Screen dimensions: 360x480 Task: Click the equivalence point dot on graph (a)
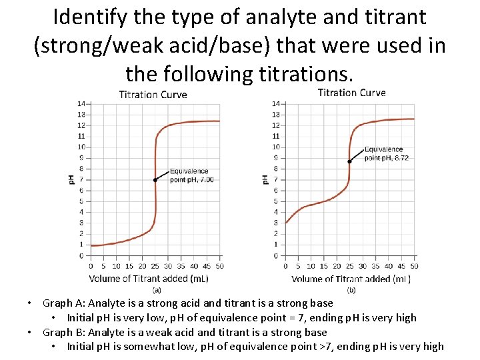pyautogui.click(x=155, y=180)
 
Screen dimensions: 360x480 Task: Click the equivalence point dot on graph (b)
pyautogui.click(x=349, y=161)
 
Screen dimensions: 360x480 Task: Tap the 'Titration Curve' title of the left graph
pyautogui.click(x=153, y=94)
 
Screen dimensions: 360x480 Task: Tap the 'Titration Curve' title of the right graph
pyautogui.click(x=351, y=93)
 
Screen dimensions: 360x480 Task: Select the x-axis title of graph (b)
pyautogui.click(x=351, y=279)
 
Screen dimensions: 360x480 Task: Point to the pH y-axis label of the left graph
pyautogui.click(x=71, y=179)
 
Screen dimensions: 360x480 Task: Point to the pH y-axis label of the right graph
pyautogui.click(x=265, y=179)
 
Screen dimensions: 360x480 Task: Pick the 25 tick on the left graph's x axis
pyautogui.click(x=155, y=266)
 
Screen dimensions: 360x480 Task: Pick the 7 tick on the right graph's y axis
pyautogui.click(x=275, y=179)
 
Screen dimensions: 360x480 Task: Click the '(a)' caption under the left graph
pyautogui.click(x=157, y=290)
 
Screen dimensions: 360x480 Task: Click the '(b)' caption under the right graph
pyautogui.click(x=351, y=290)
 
